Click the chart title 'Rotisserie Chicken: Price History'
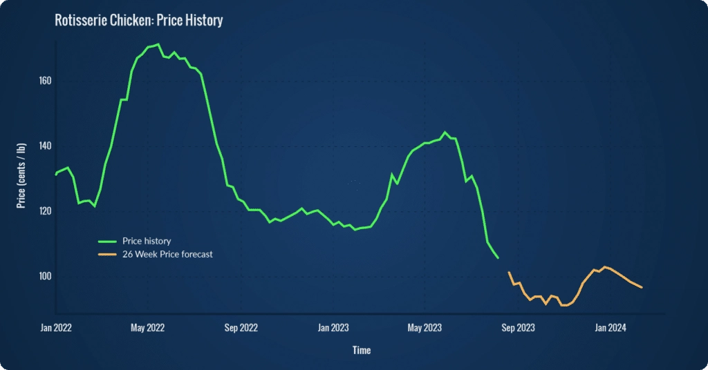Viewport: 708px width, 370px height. point(138,20)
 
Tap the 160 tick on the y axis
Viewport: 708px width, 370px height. point(44,81)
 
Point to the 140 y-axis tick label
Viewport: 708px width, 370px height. point(44,146)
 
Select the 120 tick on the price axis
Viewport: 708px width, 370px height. point(44,211)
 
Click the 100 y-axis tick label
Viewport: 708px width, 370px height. point(44,277)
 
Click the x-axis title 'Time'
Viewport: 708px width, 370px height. point(362,351)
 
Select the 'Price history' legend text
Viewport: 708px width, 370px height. point(147,241)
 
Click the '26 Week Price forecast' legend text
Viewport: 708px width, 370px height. point(167,254)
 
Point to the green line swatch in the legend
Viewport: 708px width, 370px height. point(108,241)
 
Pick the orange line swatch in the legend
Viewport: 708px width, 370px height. point(108,254)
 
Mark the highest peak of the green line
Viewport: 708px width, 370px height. point(158,44)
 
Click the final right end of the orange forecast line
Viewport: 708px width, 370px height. point(642,287)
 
